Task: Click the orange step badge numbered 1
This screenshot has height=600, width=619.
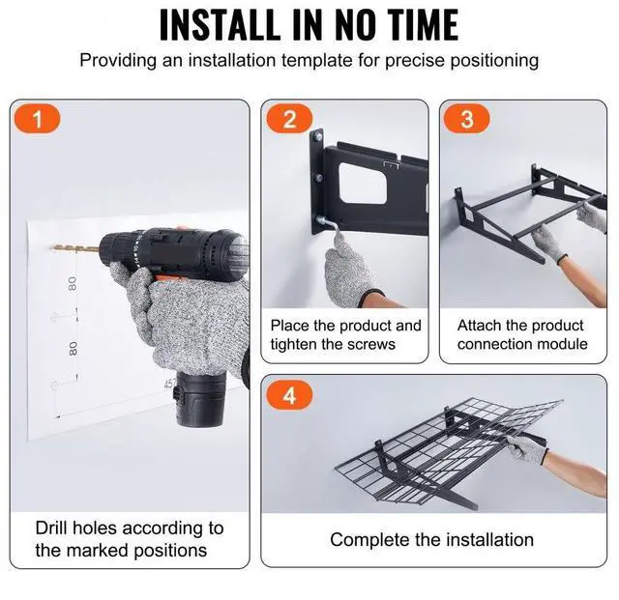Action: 37,119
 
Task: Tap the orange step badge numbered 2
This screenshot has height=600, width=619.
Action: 289,119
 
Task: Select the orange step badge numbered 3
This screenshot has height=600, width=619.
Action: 466,119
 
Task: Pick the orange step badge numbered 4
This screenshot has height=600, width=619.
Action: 289,395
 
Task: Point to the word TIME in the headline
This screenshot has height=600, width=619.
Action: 423,24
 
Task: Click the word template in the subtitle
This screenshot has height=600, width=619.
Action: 316,60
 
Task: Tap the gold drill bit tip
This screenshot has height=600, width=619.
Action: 53,247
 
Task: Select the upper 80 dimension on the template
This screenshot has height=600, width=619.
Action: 72,283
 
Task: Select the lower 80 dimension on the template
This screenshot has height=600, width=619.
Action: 73,348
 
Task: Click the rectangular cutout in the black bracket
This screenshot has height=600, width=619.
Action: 363,183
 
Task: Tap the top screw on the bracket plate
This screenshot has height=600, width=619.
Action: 317,137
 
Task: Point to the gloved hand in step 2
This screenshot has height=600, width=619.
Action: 350,269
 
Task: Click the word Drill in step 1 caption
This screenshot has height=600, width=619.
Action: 51,528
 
